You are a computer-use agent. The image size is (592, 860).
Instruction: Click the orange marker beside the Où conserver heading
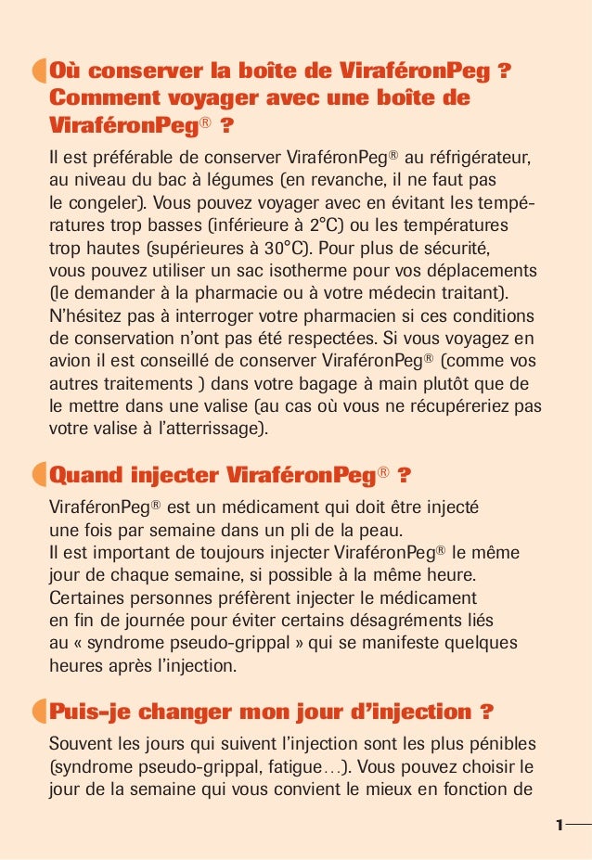[x=37, y=71]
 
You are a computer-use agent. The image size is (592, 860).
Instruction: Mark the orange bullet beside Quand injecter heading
[x=37, y=476]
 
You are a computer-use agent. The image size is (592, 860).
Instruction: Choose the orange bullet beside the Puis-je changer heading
[x=37, y=712]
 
